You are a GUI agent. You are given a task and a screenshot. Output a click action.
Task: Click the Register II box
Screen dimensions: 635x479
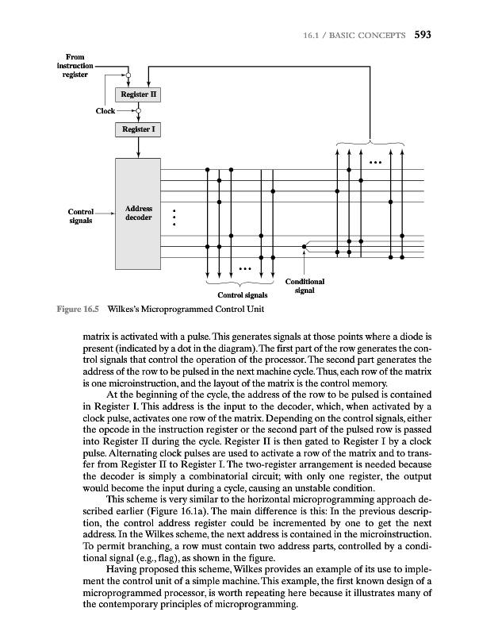139,94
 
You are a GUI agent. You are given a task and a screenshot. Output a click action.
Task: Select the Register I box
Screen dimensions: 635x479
139,129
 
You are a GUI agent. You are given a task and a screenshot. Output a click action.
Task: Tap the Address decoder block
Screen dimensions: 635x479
139,213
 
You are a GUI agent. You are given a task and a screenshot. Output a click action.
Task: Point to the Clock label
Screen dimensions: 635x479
105,111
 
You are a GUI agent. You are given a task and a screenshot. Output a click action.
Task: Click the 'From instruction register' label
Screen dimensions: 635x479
75,66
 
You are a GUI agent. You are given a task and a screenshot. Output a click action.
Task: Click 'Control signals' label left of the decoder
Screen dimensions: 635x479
81,217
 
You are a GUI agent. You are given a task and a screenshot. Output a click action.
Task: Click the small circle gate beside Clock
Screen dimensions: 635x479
139,111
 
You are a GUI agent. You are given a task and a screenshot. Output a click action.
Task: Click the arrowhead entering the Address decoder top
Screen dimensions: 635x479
139,155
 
